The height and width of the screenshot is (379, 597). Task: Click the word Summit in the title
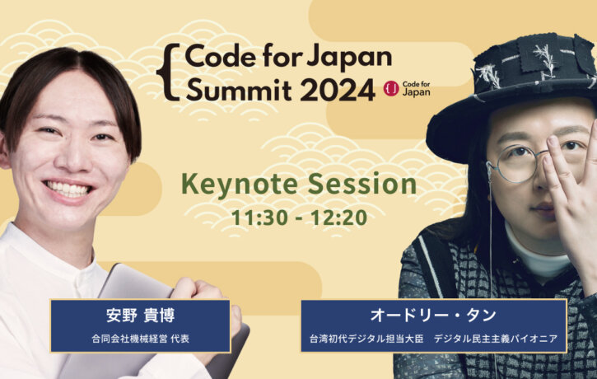(239, 90)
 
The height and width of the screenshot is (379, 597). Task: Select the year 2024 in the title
(340, 91)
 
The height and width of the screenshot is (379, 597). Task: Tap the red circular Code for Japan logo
(391, 89)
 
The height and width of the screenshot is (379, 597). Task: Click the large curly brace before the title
(168, 72)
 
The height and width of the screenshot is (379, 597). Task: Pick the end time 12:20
(339, 218)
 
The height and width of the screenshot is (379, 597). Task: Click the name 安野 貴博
(141, 316)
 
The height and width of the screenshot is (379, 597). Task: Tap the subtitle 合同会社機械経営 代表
(141, 339)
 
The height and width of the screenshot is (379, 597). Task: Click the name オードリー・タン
(433, 316)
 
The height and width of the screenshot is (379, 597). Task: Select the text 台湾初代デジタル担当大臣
(366, 339)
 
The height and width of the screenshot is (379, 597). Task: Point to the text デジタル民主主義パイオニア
(496, 339)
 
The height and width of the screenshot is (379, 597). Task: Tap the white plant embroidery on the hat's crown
(544, 57)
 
